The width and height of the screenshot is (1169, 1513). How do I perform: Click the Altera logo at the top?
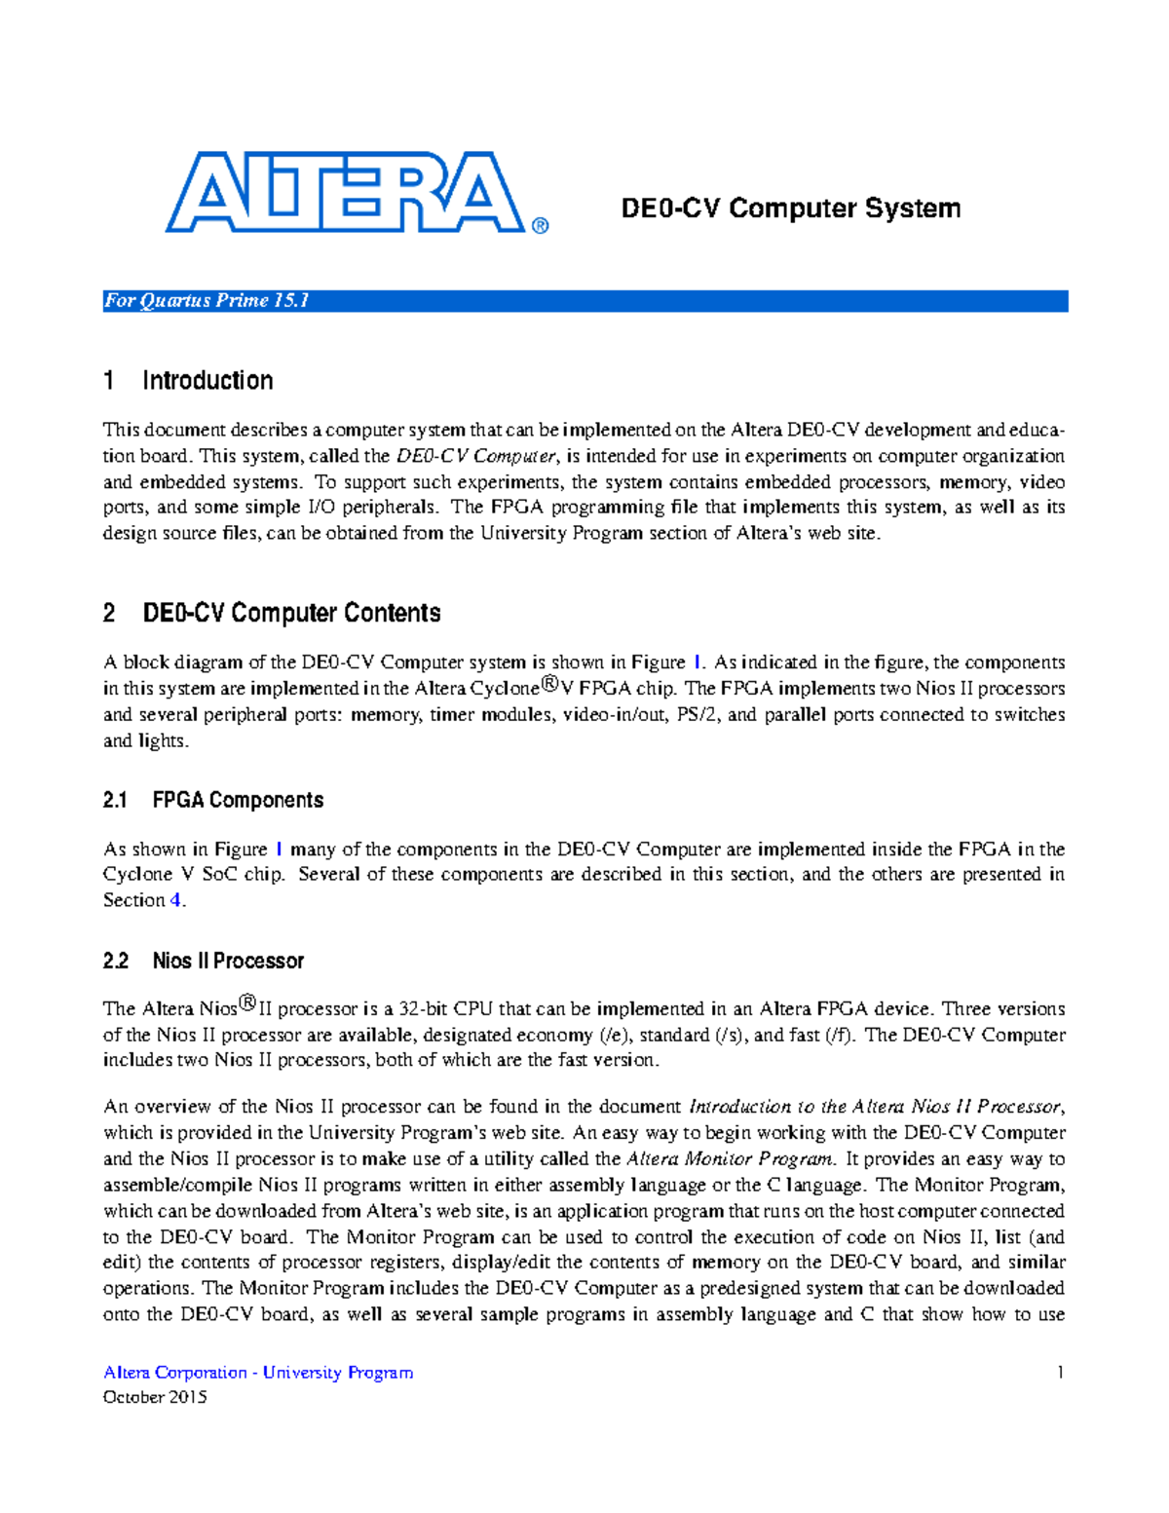coord(345,192)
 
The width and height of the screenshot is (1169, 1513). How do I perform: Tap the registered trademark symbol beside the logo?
coord(541,226)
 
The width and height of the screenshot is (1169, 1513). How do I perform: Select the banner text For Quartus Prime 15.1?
coord(207,301)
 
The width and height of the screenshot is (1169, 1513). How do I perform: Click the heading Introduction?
coord(207,380)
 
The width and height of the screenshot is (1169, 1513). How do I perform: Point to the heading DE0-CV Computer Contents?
coord(291,613)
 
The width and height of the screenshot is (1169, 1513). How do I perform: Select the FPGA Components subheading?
coord(238,800)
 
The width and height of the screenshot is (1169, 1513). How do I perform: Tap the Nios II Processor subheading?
coord(228,961)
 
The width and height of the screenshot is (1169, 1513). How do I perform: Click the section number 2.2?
coord(116,961)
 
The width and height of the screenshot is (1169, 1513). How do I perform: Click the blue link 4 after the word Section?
coord(175,900)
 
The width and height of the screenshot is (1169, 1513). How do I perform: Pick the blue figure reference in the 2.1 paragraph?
coord(280,849)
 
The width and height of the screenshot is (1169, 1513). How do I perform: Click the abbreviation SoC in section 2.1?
coord(219,875)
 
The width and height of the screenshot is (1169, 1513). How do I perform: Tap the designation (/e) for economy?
coord(616,1036)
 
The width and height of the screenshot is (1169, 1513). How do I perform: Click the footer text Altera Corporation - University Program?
coord(258,1373)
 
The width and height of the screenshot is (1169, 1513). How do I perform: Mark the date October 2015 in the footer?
coord(155,1398)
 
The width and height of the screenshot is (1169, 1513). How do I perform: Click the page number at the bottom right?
coord(1060,1373)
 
